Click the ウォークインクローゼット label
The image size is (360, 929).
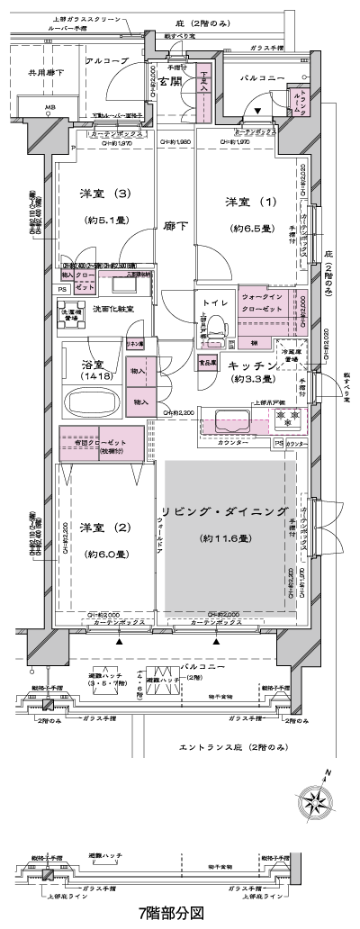point(262,302)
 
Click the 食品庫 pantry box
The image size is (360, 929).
point(207,361)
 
